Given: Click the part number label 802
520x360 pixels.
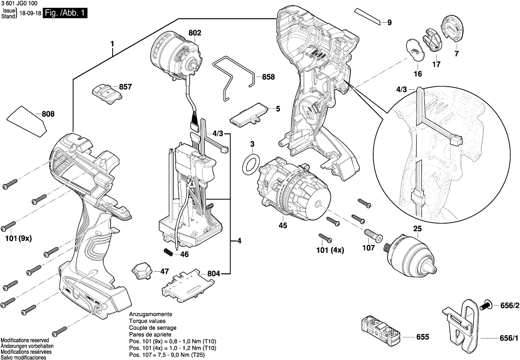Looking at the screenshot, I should point(195,33).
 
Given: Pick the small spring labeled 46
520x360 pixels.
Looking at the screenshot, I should point(168,251).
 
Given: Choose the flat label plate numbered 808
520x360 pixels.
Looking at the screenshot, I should point(27,121).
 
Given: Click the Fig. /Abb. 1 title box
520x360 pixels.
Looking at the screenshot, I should point(65,14).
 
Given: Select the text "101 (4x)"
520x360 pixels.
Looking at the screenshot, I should point(329,250).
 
